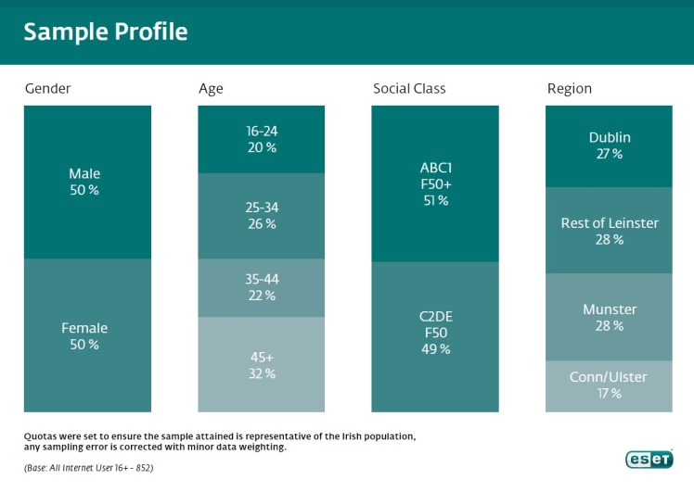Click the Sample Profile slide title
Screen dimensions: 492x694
(x=105, y=32)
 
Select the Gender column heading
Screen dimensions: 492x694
(x=47, y=89)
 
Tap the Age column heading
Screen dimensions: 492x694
(x=211, y=89)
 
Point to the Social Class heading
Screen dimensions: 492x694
(x=409, y=89)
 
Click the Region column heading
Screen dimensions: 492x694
(x=570, y=89)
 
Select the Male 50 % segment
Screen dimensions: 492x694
(x=87, y=182)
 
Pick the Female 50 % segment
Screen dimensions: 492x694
(x=87, y=335)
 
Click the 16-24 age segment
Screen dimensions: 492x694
(x=262, y=139)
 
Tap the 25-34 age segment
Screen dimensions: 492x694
(x=262, y=215)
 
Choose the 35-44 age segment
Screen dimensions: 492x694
(x=262, y=287)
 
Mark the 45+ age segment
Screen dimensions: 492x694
(x=262, y=364)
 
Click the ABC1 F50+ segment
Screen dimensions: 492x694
(x=435, y=183)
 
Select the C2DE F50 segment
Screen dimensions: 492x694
(x=435, y=334)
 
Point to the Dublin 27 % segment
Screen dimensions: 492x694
(x=609, y=145)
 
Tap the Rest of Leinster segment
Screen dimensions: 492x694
(x=609, y=231)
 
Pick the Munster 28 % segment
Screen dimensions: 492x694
(x=609, y=317)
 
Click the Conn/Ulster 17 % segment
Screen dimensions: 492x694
(x=609, y=385)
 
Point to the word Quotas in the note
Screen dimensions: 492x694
(x=41, y=435)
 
